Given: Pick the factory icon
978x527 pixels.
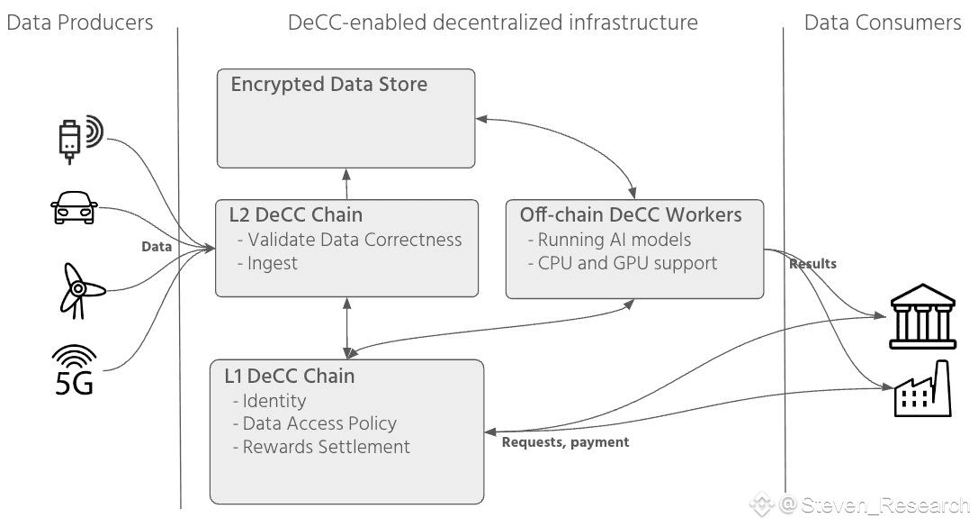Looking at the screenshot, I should pyautogui.click(x=922, y=389).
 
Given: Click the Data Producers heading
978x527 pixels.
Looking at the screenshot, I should pyautogui.click(x=80, y=23).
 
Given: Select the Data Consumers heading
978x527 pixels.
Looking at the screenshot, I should pyautogui.click(x=882, y=23).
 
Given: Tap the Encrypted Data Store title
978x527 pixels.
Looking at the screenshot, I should pyautogui.click(x=329, y=85).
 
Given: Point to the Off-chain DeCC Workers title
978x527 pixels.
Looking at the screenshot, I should pyautogui.click(x=631, y=214).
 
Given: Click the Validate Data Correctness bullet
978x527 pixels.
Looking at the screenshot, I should pyautogui.click(x=349, y=240).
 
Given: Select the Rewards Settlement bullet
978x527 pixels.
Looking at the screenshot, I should pyautogui.click(x=321, y=447).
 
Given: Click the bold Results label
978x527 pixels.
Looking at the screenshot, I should pyautogui.click(x=812, y=264).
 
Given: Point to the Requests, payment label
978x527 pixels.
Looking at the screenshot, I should pyautogui.click(x=565, y=442).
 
